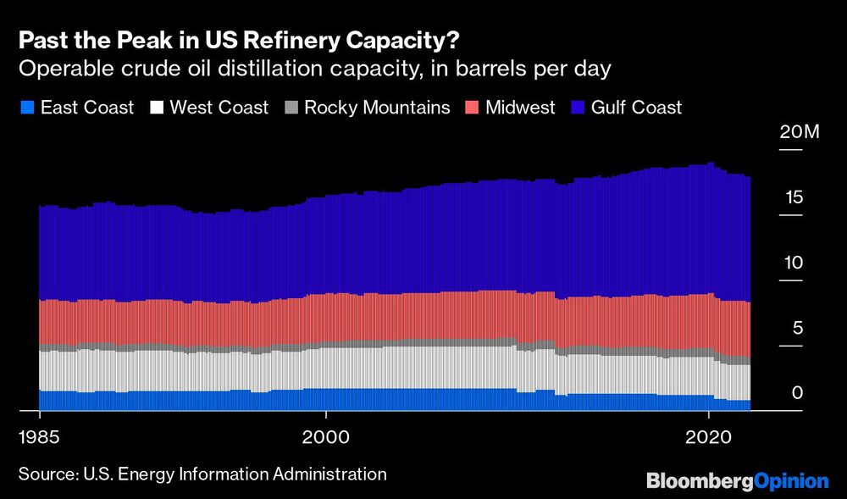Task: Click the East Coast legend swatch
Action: (25, 108)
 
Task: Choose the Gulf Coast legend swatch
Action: (577, 108)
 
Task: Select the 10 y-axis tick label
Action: (792, 263)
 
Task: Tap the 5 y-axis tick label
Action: (796, 329)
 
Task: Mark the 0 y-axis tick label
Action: (796, 393)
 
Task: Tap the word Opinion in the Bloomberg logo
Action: (790, 481)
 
